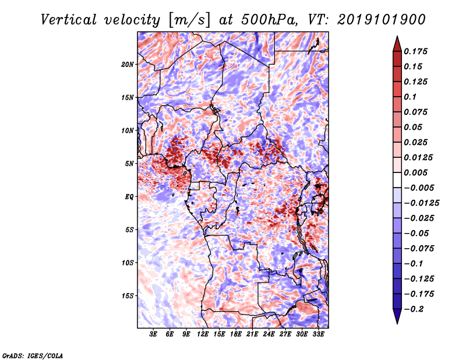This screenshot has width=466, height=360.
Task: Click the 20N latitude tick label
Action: [x=127, y=65]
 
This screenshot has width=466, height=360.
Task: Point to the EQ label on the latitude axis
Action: [x=129, y=197]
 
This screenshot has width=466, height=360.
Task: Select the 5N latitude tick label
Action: [x=129, y=164]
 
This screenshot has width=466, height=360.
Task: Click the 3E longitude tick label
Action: [x=153, y=334]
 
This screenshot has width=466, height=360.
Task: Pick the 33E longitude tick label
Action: [x=318, y=334]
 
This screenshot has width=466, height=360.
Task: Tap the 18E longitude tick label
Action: [x=236, y=334]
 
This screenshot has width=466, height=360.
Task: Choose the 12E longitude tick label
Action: [x=203, y=334]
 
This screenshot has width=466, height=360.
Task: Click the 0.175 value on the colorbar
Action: [x=415, y=51]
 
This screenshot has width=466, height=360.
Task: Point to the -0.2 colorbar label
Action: [x=414, y=309]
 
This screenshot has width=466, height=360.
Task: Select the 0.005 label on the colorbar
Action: [x=415, y=172]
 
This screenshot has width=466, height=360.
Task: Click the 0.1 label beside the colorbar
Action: [x=410, y=97]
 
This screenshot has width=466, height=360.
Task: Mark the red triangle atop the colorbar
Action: [x=397, y=44]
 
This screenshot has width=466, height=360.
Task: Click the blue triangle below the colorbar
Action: [x=397, y=316]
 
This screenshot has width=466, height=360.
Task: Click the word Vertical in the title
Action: [x=69, y=20]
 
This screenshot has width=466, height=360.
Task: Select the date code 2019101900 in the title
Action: [x=382, y=20]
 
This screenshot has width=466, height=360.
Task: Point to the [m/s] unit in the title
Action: [x=189, y=20]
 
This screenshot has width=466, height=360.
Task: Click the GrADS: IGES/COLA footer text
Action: [x=33, y=356]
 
